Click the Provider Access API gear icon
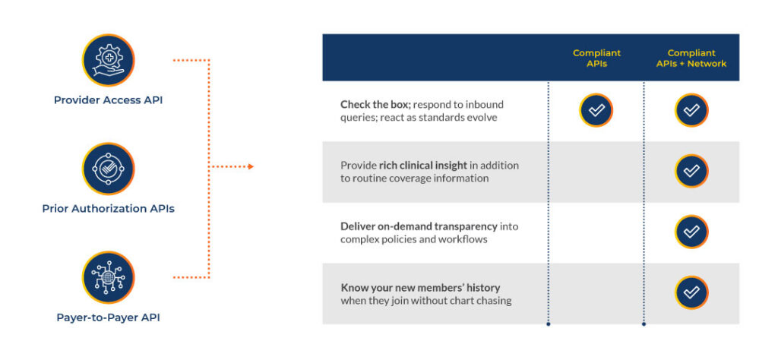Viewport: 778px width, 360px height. [x=108, y=60]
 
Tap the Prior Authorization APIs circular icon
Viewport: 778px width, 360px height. [x=108, y=169]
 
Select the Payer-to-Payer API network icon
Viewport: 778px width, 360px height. [x=108, y=277]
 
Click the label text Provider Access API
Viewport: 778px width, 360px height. [x=108, y=100]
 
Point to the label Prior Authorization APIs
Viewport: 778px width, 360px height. [x=108, y=209]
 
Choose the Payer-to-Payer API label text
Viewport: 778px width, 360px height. [x=108, y=317]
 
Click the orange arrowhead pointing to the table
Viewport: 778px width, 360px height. [x=251, y=166]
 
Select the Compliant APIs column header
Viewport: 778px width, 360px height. [x=596, y=58]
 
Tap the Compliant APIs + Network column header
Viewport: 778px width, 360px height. [x=691, y=58]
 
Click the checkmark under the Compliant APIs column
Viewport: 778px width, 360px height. [x=596, y=110]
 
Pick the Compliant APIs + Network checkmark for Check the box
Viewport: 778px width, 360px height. [x=691, y=110]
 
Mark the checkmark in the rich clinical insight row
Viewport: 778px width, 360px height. [x=691, y=171]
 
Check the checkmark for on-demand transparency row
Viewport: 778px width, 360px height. [x=691, y=232]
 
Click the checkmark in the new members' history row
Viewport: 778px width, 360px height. [x=691, y=292]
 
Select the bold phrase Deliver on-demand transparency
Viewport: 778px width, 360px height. [x=419, y=226]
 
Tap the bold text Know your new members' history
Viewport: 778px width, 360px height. [x=420, y=288]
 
